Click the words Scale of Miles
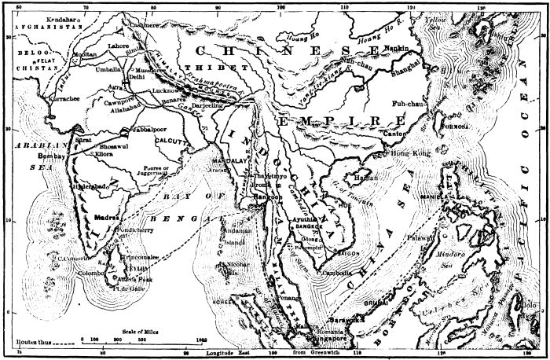click(142, 332)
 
